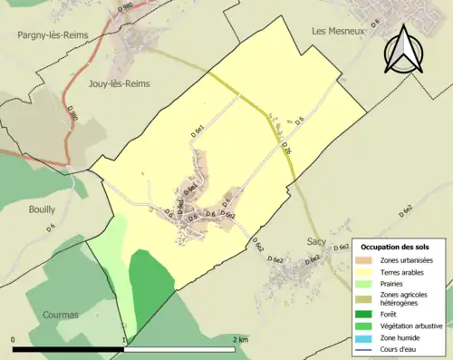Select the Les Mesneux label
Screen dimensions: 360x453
[x=337, y=30]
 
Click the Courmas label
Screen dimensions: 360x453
[x=60, y=315]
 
